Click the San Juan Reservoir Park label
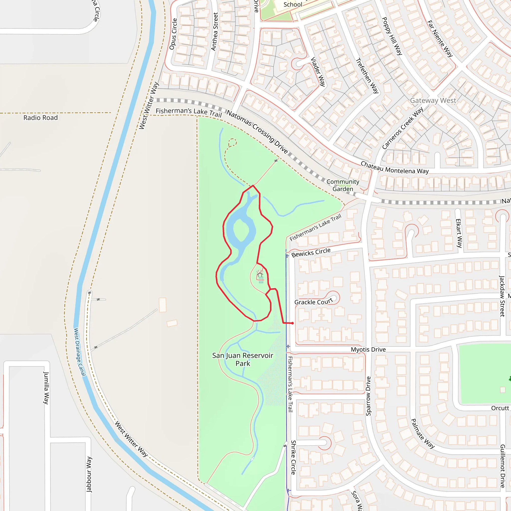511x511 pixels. coord(243,360)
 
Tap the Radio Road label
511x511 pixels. coord(40,118)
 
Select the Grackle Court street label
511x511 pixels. coord(313,302)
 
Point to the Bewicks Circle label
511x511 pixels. coord(311,252)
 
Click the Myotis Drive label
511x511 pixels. coord(368,350)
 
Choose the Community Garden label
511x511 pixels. coord(343,185)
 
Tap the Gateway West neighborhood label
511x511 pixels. coord(433,101)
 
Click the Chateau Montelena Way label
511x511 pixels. coord(395,168)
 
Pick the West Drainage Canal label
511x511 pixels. coord(80,352)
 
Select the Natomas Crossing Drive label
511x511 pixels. coord(257,132)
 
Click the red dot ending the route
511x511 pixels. coord(292,323)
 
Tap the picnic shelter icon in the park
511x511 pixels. coord(260,273)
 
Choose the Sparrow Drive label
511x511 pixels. coord(368,396)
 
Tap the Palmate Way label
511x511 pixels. coord(422,433)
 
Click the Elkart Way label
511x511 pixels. coord(459,233)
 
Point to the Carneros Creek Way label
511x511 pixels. coord(402,128)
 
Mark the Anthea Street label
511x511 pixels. coord(215,32)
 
